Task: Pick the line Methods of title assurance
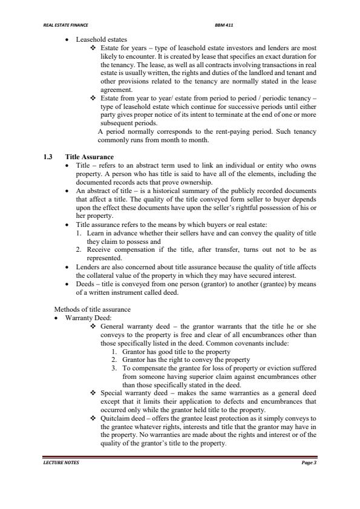pos(93,310)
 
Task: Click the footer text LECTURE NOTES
pos(61,463)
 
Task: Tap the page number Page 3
pos(309,463)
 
